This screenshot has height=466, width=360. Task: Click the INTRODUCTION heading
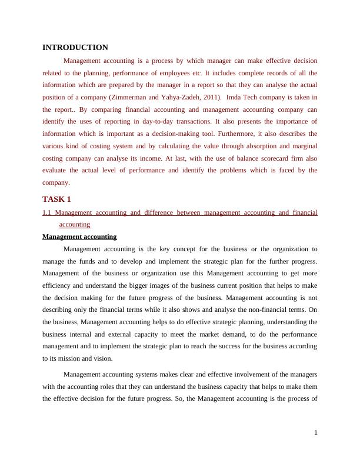75,48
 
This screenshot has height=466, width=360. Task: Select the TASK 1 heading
56,199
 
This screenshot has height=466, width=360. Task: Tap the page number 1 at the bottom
316,433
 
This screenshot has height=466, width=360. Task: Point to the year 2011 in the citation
210,97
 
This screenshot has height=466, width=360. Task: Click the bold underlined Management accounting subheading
79,237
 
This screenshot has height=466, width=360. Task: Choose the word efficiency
58,285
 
